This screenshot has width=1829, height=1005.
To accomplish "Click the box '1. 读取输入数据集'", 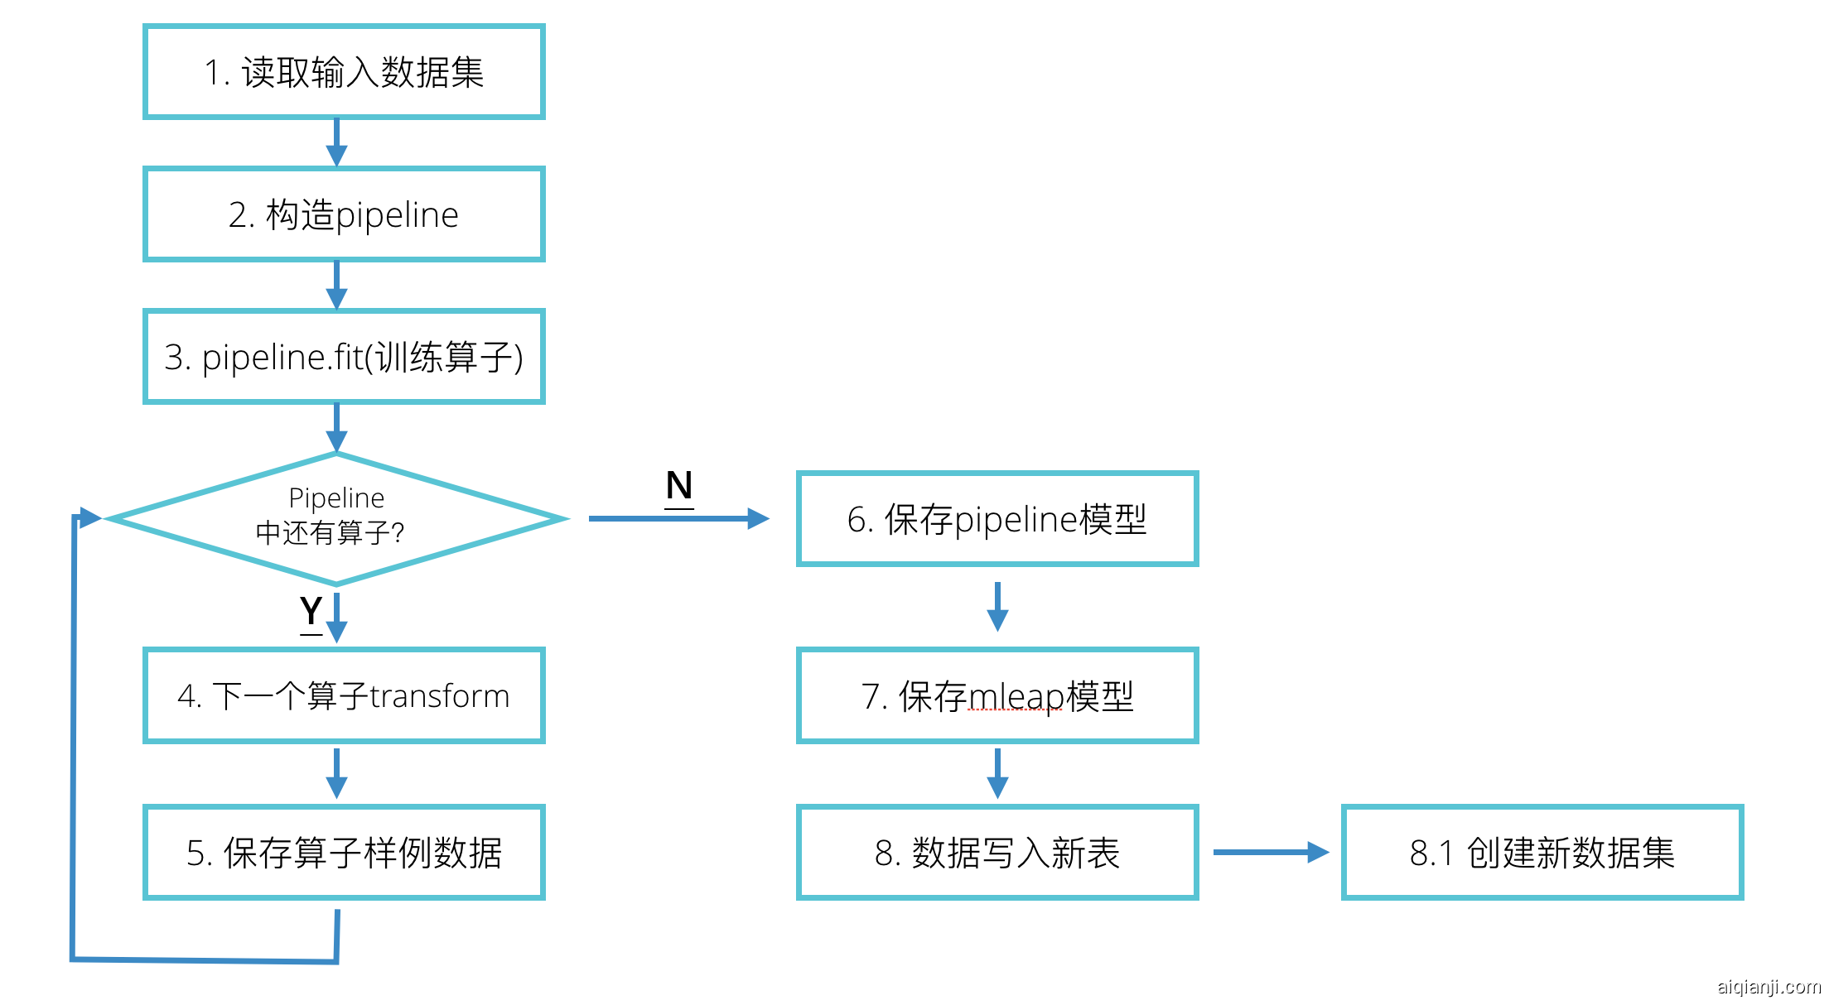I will pyautogui.click(x=344, y=72).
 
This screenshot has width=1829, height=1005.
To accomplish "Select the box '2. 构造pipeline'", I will pyautogui.click(x=344, y=214).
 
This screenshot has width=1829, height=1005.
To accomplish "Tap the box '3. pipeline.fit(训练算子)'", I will pyautogui.click(x=344, y=357).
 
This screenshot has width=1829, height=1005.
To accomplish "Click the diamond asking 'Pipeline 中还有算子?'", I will pyautogui.click(x=336, y=517).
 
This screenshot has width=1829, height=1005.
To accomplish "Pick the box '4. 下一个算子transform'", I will pyautogui.click(x=344, y=695).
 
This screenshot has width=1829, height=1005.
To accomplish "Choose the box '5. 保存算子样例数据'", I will pyautogui.click(x=344, y=853).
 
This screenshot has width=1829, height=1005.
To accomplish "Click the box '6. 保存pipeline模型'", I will pyautogui.click(x=997, y=519).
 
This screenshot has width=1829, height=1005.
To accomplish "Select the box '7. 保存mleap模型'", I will pyautogui.click(x=997, y=695).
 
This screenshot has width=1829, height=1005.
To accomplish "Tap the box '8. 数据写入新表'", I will pyautogui.click(x=997, y=853).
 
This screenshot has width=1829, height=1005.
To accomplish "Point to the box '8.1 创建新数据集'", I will pyautogui.click(x=1542, y=853).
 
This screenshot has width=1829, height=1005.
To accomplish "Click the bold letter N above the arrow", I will pyautogui.click(x=679, y=486).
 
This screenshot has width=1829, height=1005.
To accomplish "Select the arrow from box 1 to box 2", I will pyautogui.click(x=336, y=143).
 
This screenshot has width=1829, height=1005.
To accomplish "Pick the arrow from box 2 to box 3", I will pyautogui.click(x=336, y=286).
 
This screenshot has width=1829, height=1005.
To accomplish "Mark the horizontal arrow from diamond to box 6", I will pyautogui.click(x=679, y=519).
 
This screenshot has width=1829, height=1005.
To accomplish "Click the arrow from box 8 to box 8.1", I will pyautogui.click(x=1271, y=852).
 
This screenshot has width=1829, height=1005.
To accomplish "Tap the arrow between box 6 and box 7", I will pyautogui.click(x=997, y=607).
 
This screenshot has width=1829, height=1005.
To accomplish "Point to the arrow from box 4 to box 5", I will pyautogui.click(x=336, y=774).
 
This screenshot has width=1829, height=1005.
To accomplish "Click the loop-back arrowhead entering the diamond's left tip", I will pyautogui.click(x=89, y=517).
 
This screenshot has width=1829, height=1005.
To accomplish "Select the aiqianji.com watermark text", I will pyautogui.click(x=1768, y=987).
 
